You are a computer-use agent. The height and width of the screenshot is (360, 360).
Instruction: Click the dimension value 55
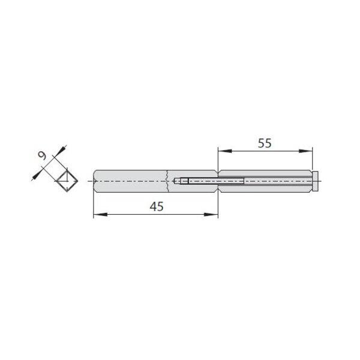pyautogui.click(x=265, y=143)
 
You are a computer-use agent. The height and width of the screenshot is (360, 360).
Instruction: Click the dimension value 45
pyautogui.click(x=157, y=206)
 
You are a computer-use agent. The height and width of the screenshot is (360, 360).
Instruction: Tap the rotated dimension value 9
pyautogui.click(x=42, y=156)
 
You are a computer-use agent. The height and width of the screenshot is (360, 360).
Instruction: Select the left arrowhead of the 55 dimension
pyautogui.click(x=224, y=151)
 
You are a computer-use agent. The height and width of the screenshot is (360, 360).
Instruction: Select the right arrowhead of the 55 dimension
pyautogui.click(x=305, y=151)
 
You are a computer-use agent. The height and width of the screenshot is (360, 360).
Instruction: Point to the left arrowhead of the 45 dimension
pyautogui.click(x=100, y=214)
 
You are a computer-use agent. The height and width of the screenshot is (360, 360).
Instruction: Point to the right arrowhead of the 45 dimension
pyautogui.click(x=211, y=214)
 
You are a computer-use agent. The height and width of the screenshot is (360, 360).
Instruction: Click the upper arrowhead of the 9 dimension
pyautogui.click(x=60, y=151)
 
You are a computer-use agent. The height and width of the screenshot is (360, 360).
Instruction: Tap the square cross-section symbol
pyautogui.click(x=67, y=181)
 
